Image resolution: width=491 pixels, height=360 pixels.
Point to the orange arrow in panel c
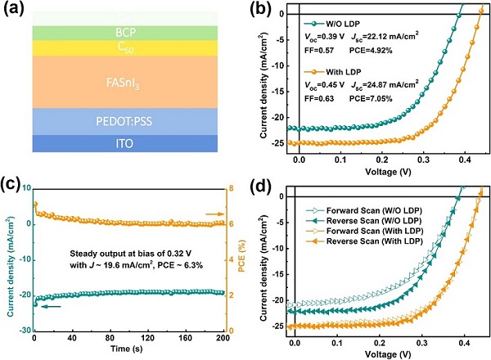[211, 214]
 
